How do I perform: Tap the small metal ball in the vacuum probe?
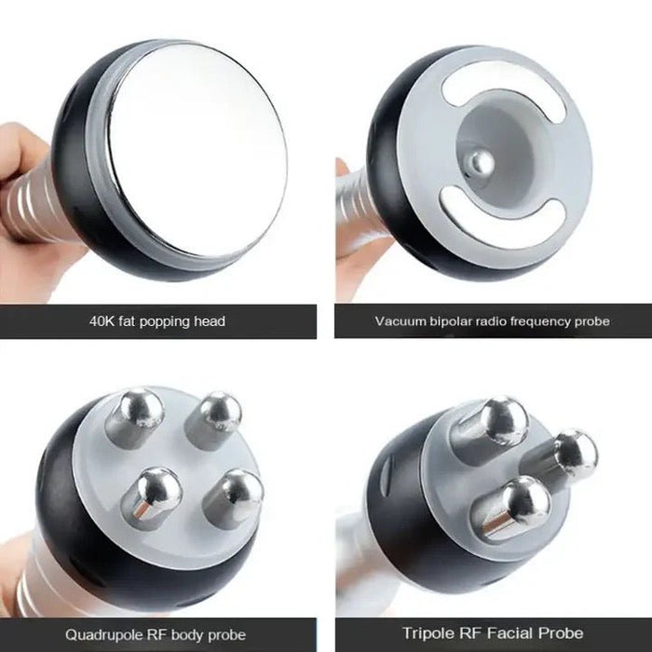481,165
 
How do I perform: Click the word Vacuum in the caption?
399,321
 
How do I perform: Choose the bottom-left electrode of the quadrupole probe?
155,495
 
